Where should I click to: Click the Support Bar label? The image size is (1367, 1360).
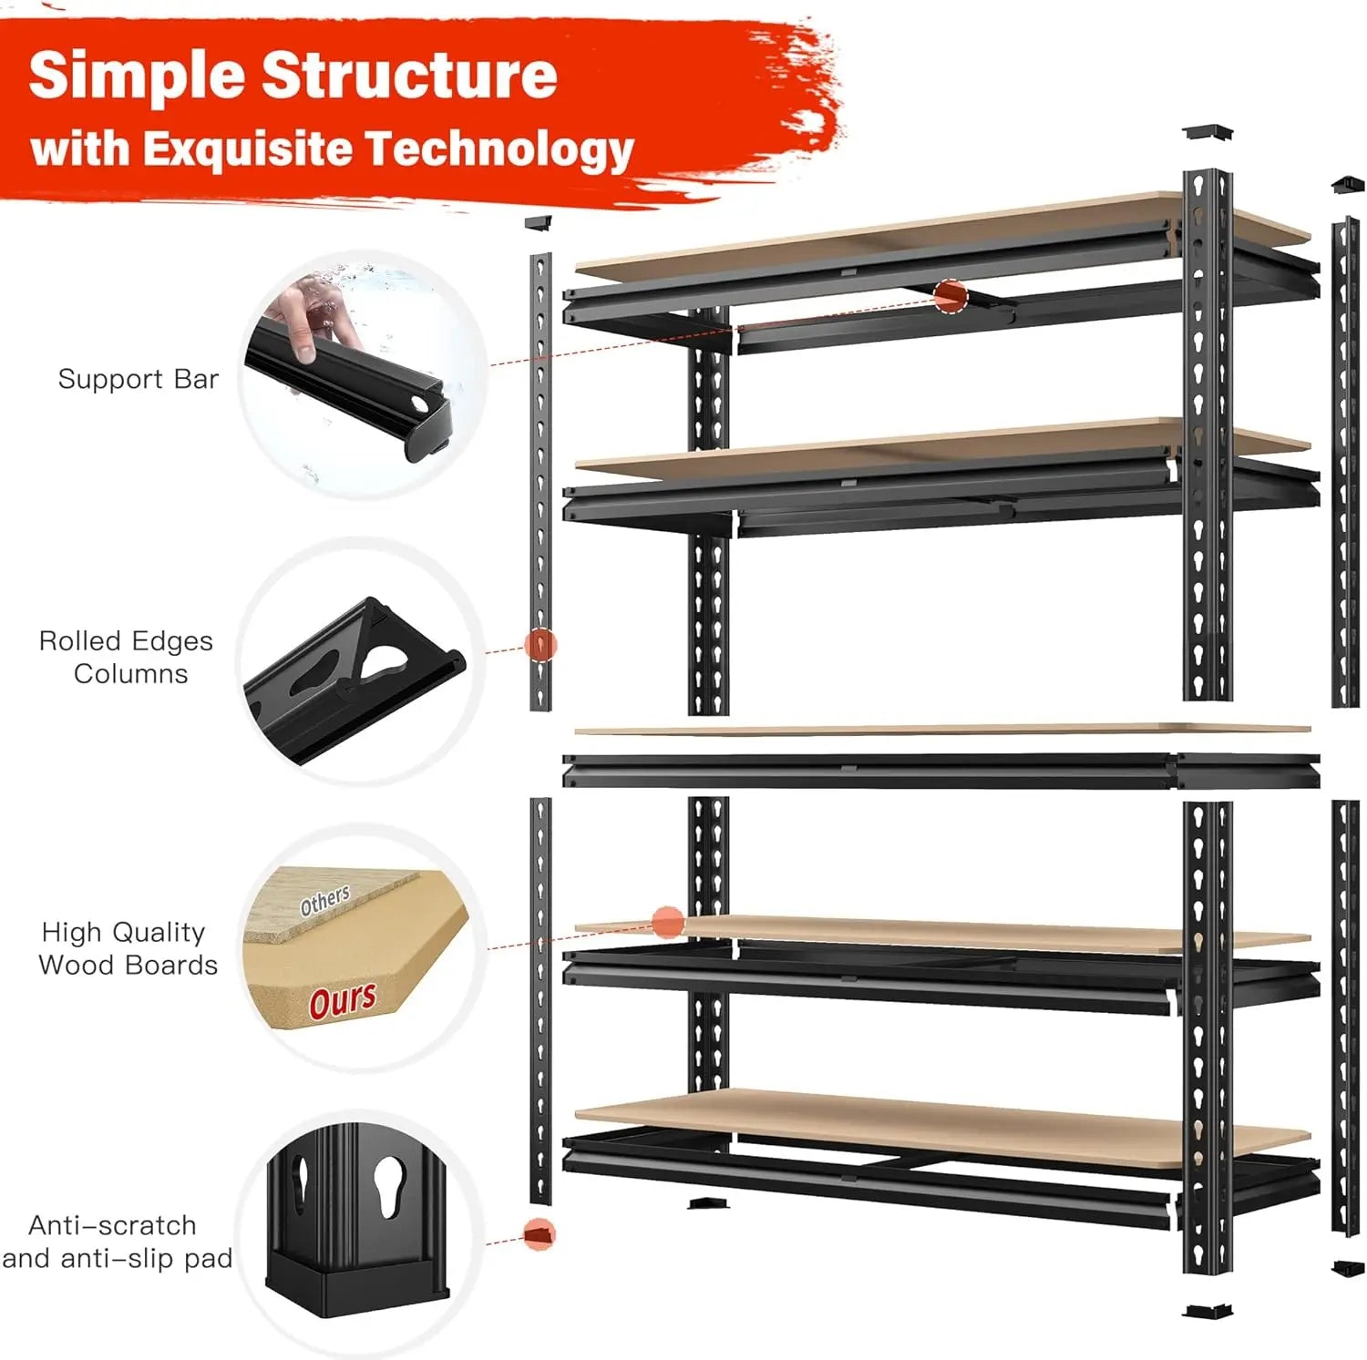139,379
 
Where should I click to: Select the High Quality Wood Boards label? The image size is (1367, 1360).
128,948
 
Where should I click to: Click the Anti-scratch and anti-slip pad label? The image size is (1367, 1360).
117,1242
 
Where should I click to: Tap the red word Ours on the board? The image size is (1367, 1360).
342,1000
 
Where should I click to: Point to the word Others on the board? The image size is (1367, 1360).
325,900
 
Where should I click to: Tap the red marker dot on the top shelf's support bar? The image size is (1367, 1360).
950,297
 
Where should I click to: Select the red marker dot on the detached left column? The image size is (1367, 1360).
540,645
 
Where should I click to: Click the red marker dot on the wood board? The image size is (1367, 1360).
668,922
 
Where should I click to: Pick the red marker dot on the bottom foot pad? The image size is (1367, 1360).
540,1234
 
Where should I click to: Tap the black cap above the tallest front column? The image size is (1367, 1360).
1208,132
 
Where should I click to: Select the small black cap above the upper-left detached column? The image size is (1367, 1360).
540,221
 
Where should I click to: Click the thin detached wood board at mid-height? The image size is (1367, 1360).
942,730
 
